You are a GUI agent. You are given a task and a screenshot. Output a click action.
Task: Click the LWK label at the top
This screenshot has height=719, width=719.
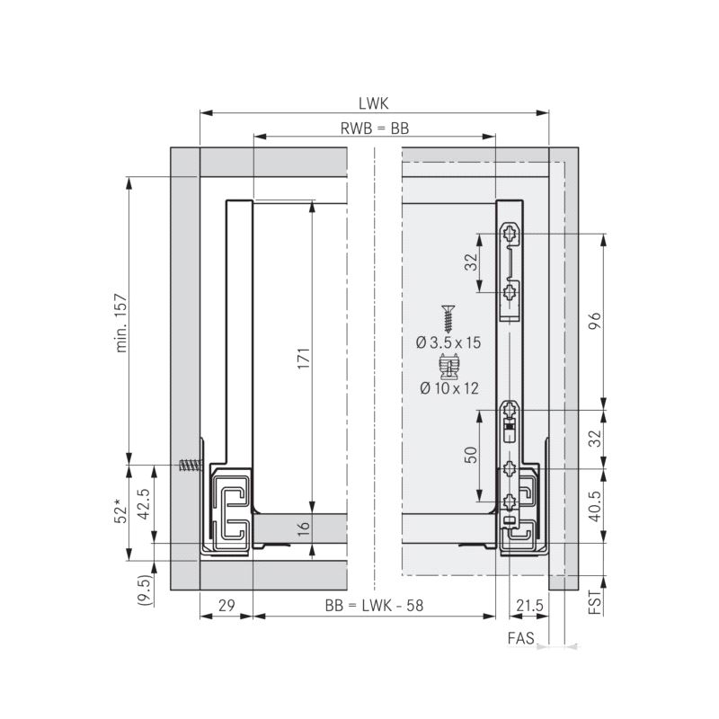[373, 103]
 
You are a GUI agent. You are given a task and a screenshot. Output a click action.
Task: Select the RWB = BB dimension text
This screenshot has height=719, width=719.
[374, 129]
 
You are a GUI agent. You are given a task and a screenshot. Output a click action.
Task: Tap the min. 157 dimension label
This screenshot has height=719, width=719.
[121, 323]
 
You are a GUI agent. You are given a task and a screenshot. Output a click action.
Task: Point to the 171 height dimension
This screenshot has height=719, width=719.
[304, 358]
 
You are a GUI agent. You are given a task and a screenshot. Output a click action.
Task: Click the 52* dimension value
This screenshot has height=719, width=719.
[120, 513]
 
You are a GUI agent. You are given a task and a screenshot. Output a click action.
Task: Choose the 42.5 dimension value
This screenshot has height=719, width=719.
[144, 503]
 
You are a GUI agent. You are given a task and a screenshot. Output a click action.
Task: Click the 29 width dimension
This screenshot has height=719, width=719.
[226, 605]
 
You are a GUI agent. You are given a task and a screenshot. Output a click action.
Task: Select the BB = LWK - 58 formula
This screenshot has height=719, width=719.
[374, 605]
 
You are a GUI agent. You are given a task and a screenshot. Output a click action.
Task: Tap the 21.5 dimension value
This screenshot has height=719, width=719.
[529, 605]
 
